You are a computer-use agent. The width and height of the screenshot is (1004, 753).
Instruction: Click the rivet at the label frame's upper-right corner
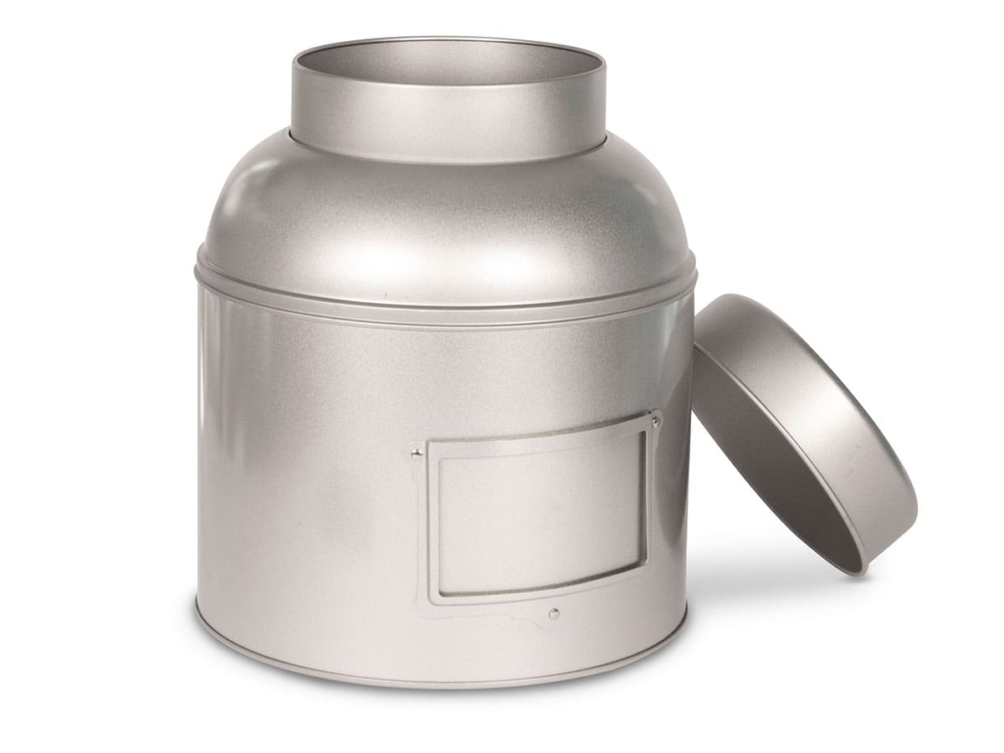pos(656,423)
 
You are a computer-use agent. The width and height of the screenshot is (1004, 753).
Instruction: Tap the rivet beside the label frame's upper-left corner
pos(416,453)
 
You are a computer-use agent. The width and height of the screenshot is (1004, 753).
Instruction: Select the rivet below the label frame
pos(553,614)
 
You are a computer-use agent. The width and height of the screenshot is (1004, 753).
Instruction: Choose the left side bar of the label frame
pos(432,527)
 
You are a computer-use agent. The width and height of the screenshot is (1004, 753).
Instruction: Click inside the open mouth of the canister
pos(448,63)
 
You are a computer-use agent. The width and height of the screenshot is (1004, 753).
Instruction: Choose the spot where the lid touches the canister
pos(694,335)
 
